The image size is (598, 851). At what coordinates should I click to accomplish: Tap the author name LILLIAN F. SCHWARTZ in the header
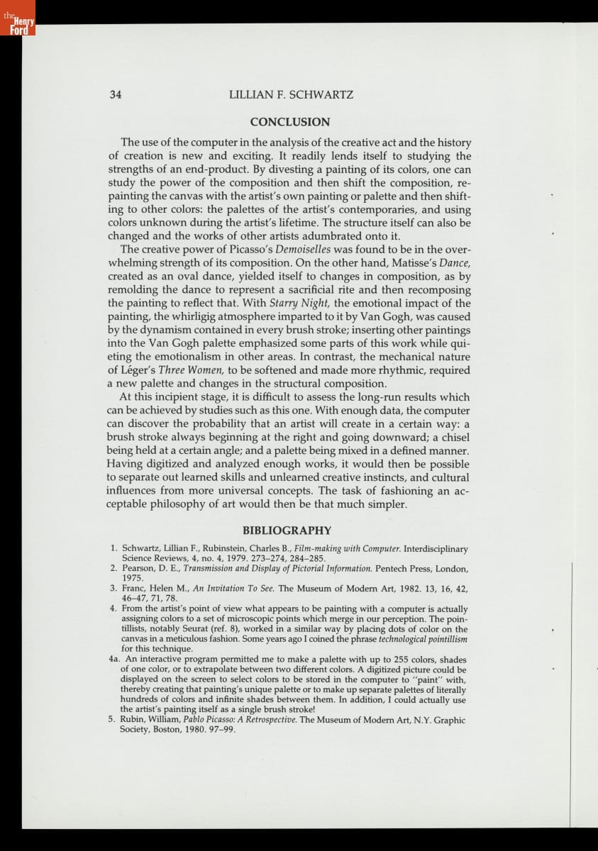[291, 94]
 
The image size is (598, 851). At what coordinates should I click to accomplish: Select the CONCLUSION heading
[289, 122]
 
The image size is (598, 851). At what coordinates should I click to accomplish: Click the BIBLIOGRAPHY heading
[287, 530]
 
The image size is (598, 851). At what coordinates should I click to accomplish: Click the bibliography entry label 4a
[114, 660]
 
